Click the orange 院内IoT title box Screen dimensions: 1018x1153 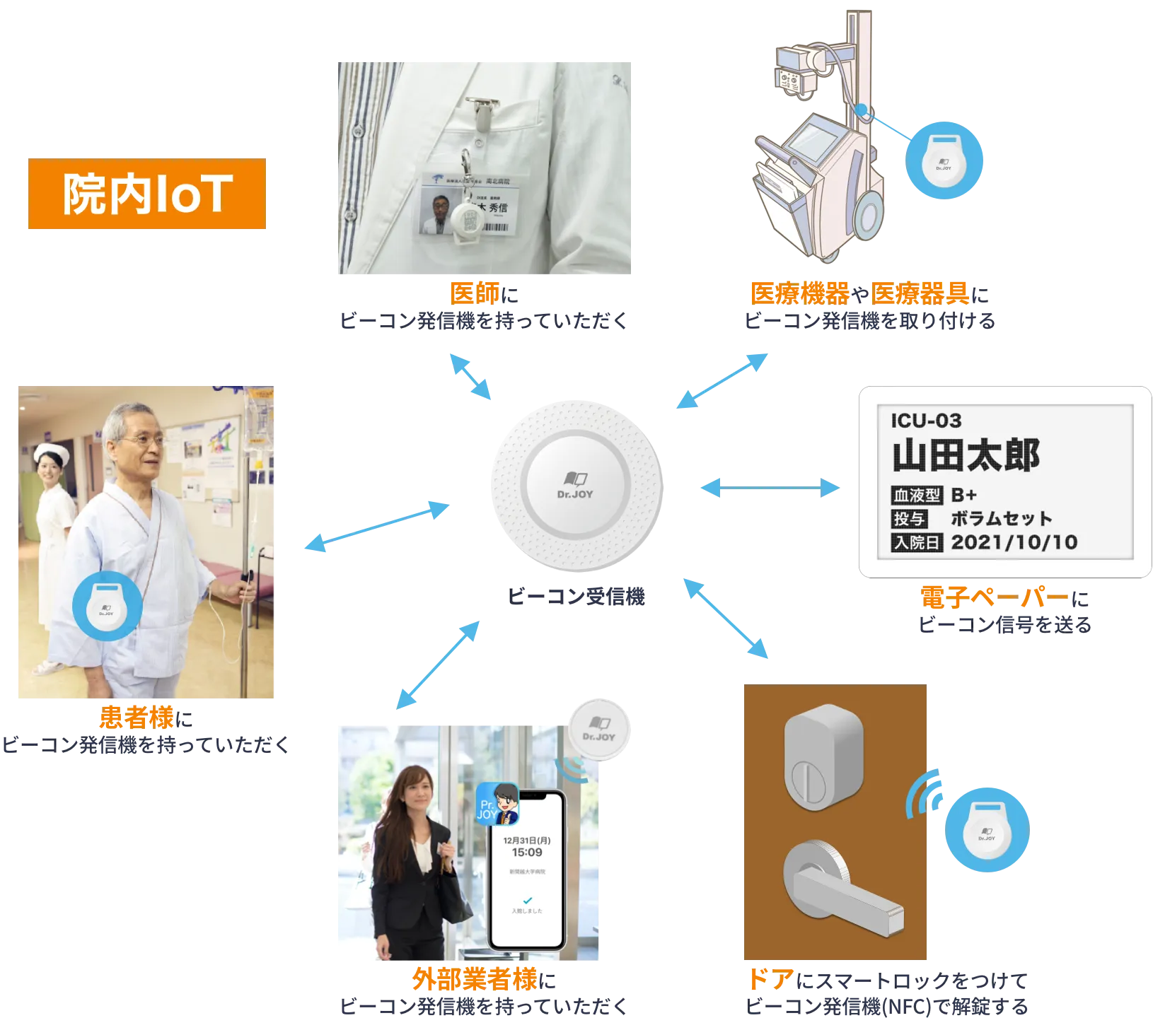[x=146, y=194]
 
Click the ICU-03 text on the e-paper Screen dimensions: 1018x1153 [x=926, y=421]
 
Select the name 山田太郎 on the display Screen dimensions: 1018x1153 [x=966, y=456]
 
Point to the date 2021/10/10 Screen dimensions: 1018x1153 [x=1014, y=542]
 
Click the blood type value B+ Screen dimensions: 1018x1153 [x=964, y=495]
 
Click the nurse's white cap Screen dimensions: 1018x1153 [x=52, y=450]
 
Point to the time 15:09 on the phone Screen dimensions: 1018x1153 [x=527, y=853]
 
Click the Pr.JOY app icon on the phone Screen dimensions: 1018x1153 [x=497, y=805]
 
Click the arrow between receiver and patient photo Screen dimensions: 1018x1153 [x=376, y=526]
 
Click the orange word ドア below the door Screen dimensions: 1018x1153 [x=770, y=981]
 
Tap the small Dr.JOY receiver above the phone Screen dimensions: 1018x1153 [x=599, y=728]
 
